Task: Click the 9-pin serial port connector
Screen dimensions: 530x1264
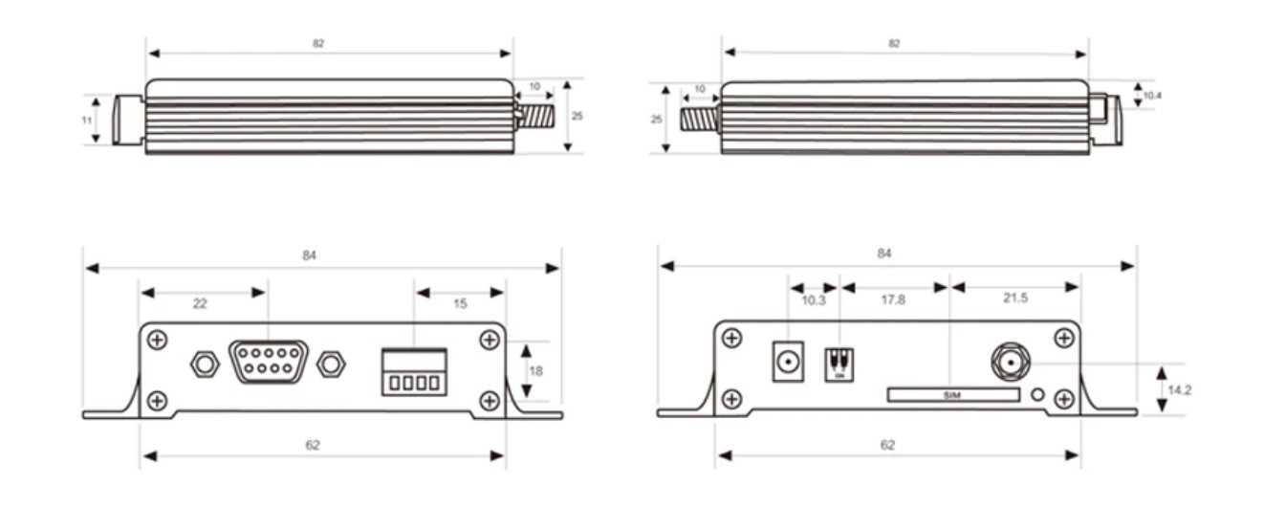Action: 269,362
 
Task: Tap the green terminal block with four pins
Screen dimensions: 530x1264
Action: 414,371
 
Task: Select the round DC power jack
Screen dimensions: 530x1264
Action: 787,363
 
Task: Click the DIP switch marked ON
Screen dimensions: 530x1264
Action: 839,364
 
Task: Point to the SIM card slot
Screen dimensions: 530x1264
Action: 952,395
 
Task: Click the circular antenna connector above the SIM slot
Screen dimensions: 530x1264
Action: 1008,363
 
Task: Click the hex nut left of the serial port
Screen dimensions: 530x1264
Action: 203,364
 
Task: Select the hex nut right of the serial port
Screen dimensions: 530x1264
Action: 331,364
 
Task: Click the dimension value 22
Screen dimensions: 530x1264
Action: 200,303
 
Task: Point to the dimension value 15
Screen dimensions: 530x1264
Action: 460,303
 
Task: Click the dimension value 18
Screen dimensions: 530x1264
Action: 535,370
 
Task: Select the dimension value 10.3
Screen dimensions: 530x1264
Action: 813,300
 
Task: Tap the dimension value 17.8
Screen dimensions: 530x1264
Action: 895,300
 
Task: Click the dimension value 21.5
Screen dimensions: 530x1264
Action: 1015,298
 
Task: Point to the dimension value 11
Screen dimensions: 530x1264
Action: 86,120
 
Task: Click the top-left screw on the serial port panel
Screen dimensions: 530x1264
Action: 158,339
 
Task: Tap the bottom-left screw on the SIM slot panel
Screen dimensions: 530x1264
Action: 731,398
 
